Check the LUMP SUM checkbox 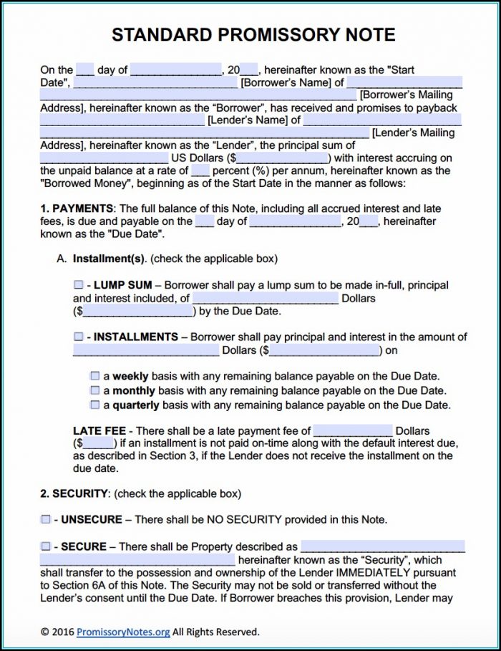[x=78, y=285]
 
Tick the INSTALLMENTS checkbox [x=78, y=337]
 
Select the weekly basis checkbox [x=94, y=376]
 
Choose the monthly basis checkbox [x=94, y=391]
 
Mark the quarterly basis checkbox [x=94, y=405]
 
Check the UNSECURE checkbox [x=45, y=519]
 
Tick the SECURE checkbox [x=45, y=546]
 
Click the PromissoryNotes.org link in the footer [x=122, y=632]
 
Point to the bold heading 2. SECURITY [x=74, y=493]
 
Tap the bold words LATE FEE [x=99, y=431]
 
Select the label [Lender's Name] [x=248, y=120]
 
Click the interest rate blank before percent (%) [x=200, y=171]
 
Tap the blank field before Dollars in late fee [x=353, y=431]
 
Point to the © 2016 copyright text [x=57, y=632]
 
